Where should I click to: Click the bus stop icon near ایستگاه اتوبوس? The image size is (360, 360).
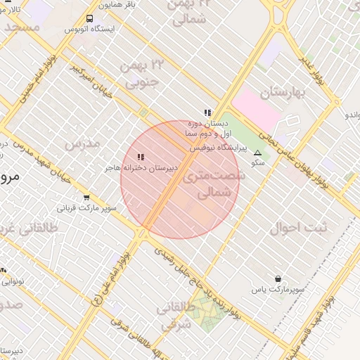pyautogui.click(x=89, y=18)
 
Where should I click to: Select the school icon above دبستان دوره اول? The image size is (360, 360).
pyautogui.click(x=207, y=112)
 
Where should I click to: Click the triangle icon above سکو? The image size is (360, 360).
pyautogui.click(x=257, y=153)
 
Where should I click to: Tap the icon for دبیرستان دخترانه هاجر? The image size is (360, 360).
pyautogui.click(x=141, y=157)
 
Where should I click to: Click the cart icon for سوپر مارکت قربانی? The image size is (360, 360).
pyautogui.click(x=86, y=198)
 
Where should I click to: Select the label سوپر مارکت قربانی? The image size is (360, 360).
pyautogui.click(x=86, y=209)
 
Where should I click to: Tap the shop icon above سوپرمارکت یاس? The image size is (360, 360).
pyautogui.click(x=278, y=278)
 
